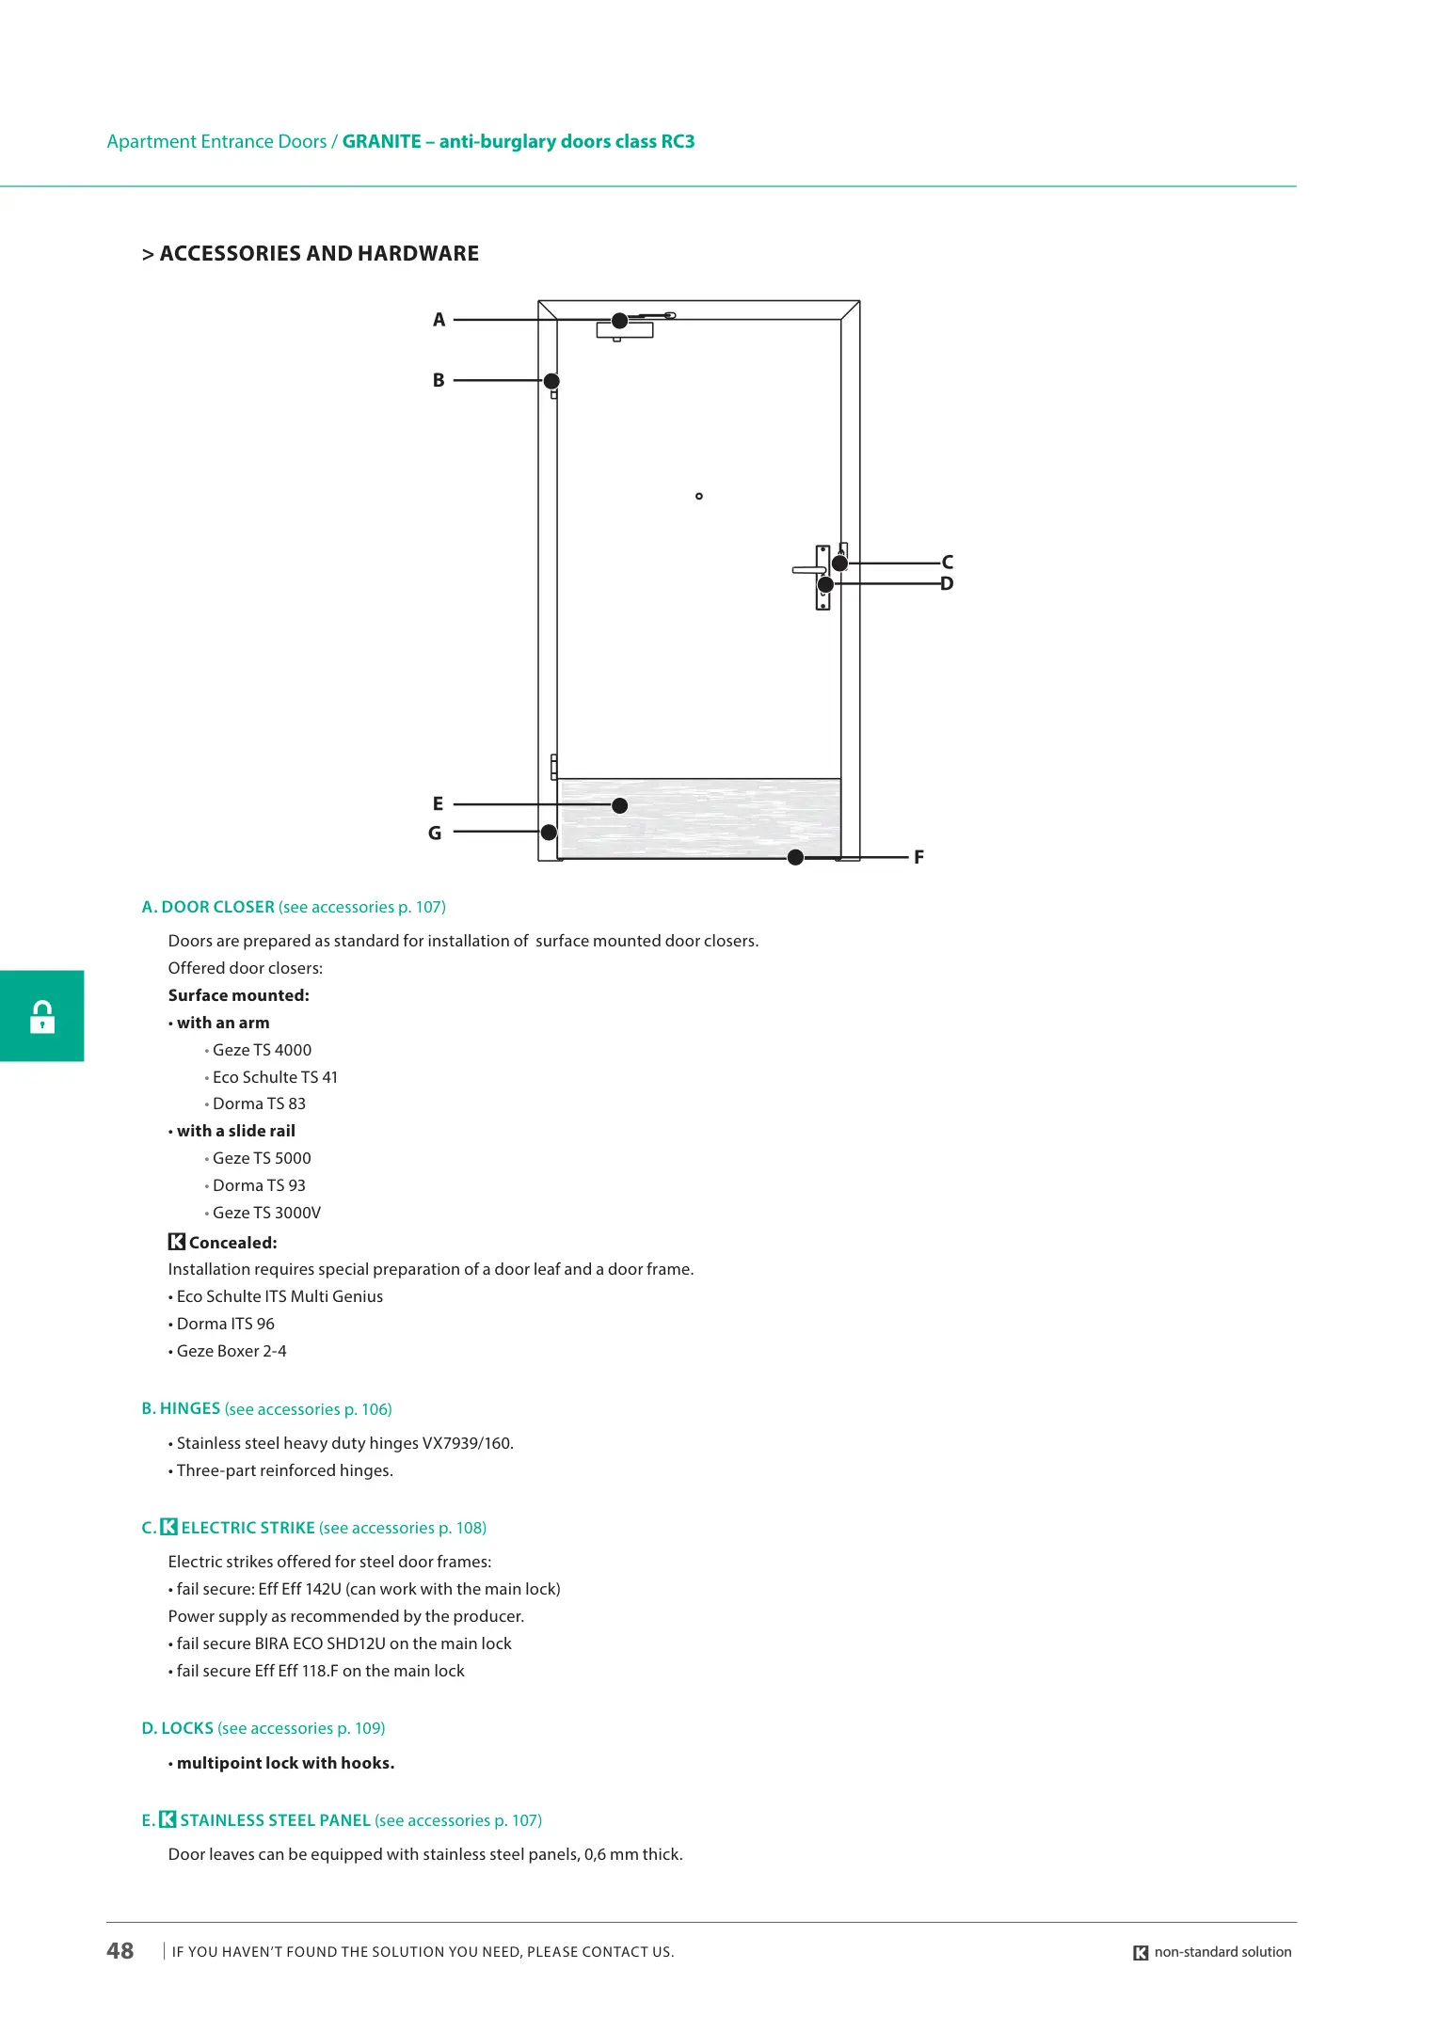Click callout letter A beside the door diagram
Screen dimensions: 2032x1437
tap(439, 320)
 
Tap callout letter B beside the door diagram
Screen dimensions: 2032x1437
tap(439, 380)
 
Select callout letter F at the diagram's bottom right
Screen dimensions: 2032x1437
tap(918, 857)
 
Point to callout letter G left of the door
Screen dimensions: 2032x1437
tap(435, 833)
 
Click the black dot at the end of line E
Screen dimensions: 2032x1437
tap(619, 805)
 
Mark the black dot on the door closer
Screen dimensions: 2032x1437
tap(619, 321)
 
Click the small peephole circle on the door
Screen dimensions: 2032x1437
tap(699, 496)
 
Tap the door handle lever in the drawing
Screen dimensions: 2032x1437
tap(807, 569)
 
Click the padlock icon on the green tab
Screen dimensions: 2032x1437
tap(42, 1017)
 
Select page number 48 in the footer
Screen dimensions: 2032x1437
tap(120, 1951)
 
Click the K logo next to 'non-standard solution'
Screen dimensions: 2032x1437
tap(1141, 1953)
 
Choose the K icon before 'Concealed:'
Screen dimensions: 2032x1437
tap(177, 1242)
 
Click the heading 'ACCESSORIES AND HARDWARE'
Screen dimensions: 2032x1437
tap(319, 253)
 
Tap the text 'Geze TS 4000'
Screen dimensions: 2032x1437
tap(262, 1050)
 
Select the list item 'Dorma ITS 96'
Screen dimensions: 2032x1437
tap(226, 1324)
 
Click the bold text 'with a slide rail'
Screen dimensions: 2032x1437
tap(236, 1131)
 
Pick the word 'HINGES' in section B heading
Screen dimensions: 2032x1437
tap(190, 1408)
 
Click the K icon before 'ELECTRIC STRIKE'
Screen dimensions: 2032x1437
tap(168, 1527)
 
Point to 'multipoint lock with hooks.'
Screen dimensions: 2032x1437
tap(285, 1763)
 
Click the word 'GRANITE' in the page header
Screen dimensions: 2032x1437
tap(381, 141)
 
